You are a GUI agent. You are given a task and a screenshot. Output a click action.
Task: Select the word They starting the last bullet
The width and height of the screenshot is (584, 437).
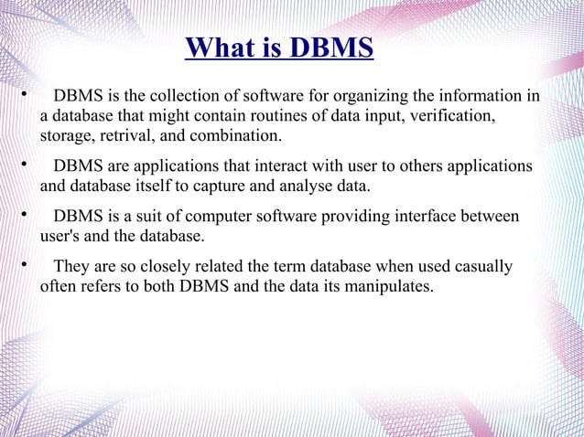pyautogui.click(x=71, y=268)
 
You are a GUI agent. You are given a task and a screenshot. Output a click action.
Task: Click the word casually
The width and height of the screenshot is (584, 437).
pyautogui.click(x=482, y=268)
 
